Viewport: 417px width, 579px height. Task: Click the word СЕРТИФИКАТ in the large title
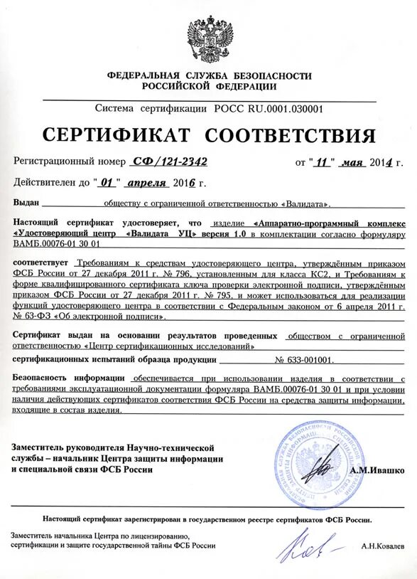pos(111,135)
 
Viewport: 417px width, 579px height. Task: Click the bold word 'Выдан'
pos(26,203)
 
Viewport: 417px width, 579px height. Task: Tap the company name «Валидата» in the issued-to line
pos(305,203)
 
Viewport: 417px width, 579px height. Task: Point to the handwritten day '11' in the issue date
pos(325,162)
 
